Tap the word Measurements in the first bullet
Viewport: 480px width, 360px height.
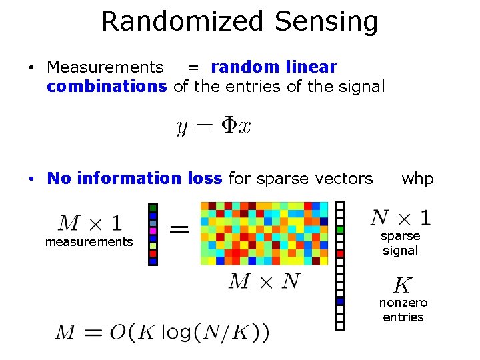click(x=105, y=67)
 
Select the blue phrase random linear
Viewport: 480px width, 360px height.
click(x=274, y=67)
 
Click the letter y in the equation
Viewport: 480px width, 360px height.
click(x=181, y=127)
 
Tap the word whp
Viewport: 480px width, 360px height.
click(x=417, y=178)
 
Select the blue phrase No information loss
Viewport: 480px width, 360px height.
click(x=135, y=178)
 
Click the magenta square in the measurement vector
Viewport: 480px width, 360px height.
click(x=153, y=231)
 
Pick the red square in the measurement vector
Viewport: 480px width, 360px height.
click(x=153, y=253)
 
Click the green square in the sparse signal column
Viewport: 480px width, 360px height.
click(x=340, y=229)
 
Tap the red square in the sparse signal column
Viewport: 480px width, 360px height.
click(x=340, y=253)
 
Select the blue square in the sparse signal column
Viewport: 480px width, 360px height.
click(x=340, y=301)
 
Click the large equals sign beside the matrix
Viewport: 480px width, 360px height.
click(x=178, y=229)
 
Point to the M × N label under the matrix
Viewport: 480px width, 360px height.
click(x=264, y=281)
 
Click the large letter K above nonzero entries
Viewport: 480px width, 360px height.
click(x=403, y=285)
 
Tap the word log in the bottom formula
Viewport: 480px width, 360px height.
click(x=176, y=331)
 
